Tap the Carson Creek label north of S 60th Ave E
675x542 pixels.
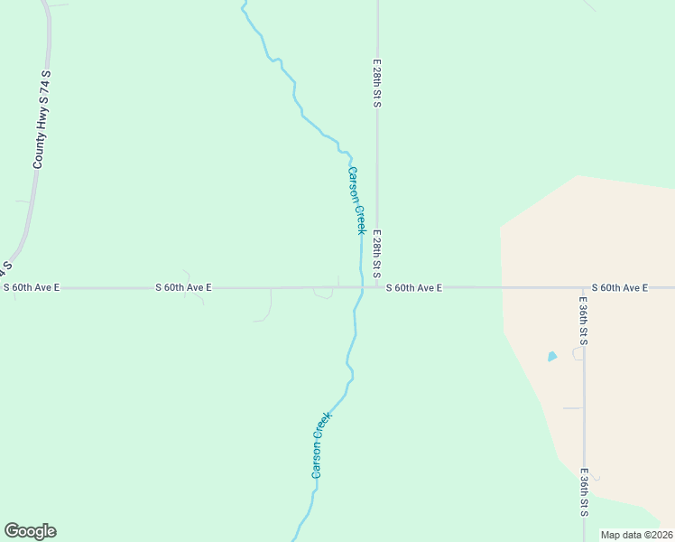coord(356,201)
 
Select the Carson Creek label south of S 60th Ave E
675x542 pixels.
coord(320,445)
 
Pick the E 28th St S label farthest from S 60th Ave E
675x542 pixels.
coord(377,85)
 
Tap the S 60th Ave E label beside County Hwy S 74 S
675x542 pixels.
coord(31,287)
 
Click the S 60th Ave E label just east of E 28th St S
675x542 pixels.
coord(414,287)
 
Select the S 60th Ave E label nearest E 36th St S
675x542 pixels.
coord(620,287)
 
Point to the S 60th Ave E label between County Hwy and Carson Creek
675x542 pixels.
coord(183,287)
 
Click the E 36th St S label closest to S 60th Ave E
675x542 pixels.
coord(584,321)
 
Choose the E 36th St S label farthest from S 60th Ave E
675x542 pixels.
coord(584,492)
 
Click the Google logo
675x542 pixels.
coord(30,531)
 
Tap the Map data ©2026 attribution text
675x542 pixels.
coord(637,535)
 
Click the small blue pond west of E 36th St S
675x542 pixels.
coord(552,357)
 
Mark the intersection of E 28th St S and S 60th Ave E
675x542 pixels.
coord(377,288)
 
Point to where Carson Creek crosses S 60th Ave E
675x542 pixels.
coord(361,288)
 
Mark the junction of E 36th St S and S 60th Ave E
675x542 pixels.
coord(584,288)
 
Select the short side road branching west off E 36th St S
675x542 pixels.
coord(573,408)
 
